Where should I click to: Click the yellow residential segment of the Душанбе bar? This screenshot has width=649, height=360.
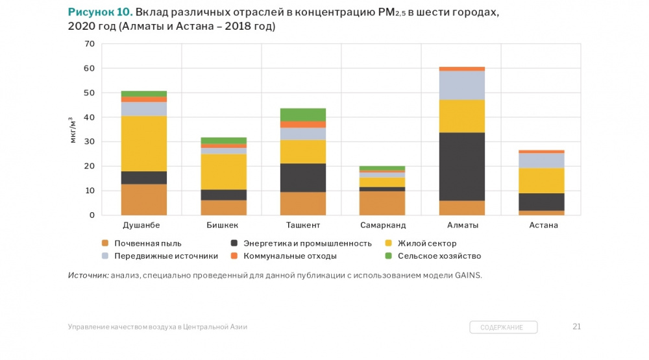[143, 143]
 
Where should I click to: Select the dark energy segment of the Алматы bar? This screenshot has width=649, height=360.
[461, 167]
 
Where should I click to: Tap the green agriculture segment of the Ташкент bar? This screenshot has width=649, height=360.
[302, 115]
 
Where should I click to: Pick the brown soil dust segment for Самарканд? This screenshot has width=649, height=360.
[382, 203]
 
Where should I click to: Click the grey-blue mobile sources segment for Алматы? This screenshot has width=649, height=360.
[461, 85]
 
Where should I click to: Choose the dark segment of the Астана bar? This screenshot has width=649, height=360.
[541, 202]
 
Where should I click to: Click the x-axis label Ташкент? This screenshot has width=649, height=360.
[302, 226]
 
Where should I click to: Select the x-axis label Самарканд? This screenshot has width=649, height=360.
[382, 226]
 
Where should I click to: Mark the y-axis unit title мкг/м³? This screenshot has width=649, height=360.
[73, 130]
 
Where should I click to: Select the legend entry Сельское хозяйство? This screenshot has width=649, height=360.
[439, 256]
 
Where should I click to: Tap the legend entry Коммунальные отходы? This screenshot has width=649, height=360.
[289, 256]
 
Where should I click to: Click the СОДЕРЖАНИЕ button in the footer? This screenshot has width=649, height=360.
[504, 328]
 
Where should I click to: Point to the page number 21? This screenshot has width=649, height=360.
[576, 326]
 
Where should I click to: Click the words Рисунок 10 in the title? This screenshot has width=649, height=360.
[100, 12]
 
